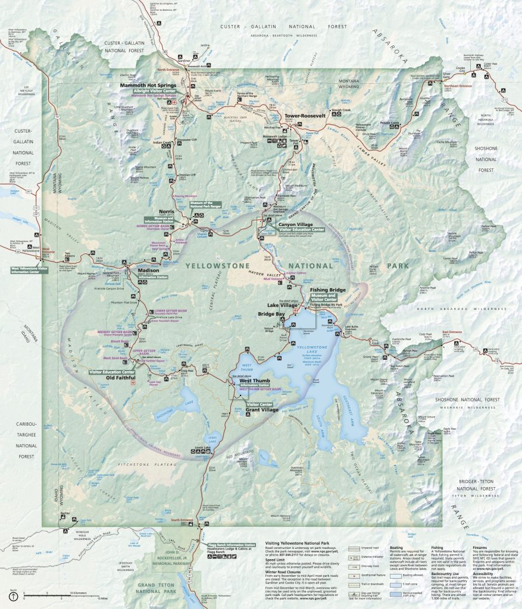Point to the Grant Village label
coord(262,410)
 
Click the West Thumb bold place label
coord(254,380)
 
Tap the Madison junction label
coord(148,270)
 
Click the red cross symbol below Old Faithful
coord(133,384)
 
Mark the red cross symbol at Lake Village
coord(295,311)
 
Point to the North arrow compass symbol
coord(13,596)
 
